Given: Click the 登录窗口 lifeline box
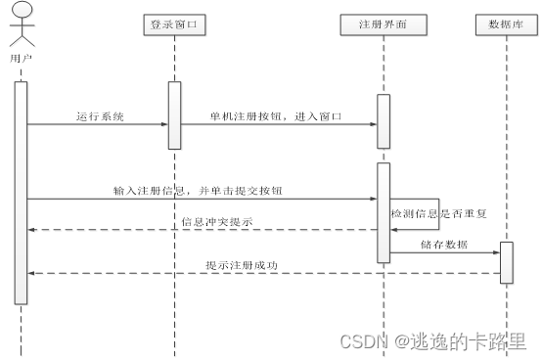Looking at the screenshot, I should pos(174,24).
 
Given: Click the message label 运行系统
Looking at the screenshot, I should pos(100,116).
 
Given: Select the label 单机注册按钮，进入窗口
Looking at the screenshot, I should pos(276,116).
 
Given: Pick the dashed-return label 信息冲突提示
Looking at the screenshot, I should pos(216,222).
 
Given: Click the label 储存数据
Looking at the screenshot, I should pos(443,244).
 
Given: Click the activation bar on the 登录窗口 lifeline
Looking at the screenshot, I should pos(174,114).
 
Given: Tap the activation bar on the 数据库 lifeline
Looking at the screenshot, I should pos(506,262).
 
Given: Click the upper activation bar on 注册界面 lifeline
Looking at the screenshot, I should pos(384,121).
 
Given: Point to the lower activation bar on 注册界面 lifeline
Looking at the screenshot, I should pos(384,211).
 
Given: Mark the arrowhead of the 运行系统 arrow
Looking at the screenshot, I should pos(163,124).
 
